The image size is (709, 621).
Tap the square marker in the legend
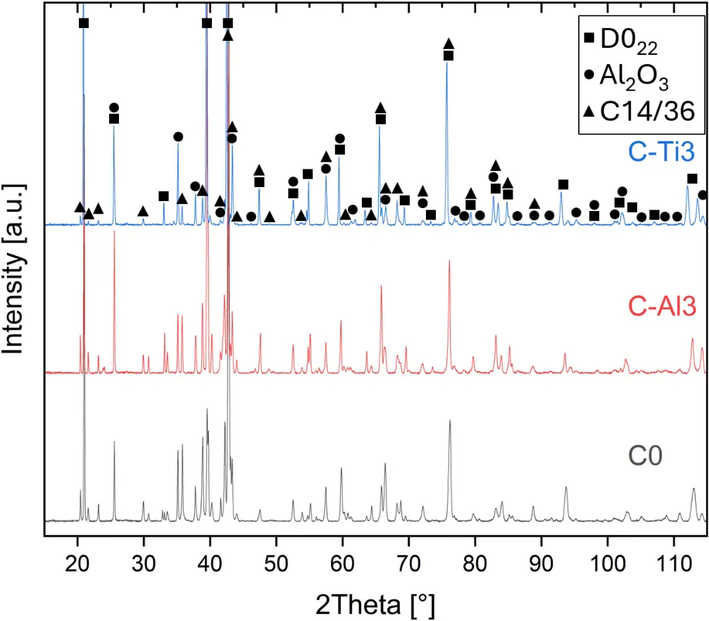click(x=589, y=39)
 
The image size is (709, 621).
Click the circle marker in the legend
click(x=589, y=74)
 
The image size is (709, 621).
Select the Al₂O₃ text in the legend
click(x=629, y=75)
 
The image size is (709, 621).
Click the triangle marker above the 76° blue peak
click(x=448, y=44)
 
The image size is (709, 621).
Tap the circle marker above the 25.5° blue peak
click(x=114, y=107)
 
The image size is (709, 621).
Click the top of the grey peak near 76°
click(x=449, y=421)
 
